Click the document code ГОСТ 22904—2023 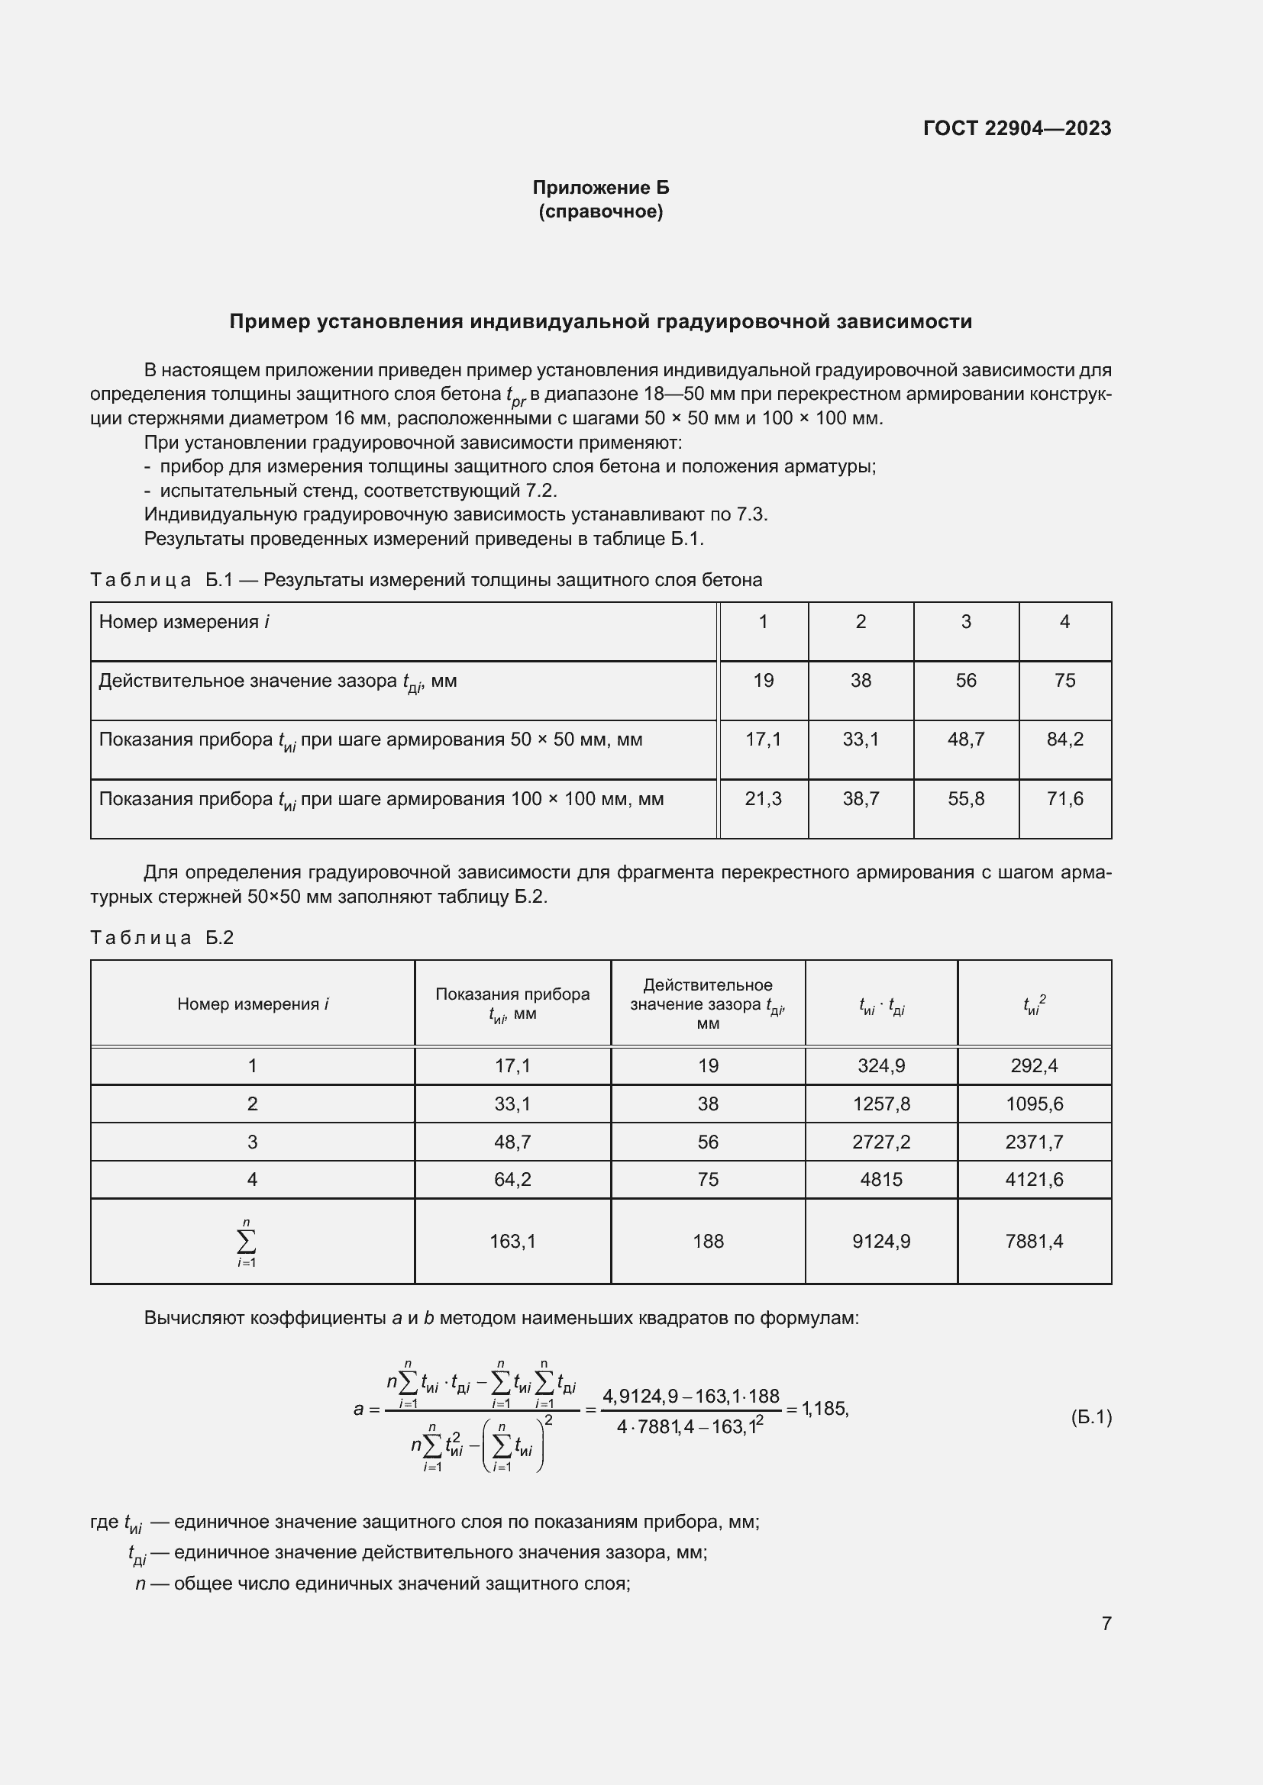1016,128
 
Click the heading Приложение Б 600,188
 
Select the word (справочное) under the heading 600,211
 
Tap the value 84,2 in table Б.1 1064,739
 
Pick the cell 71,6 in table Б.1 1064,798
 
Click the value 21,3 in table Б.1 763,798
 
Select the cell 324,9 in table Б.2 880,1065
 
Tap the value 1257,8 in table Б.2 880,1104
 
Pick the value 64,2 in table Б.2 512,1179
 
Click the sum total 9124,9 880,1241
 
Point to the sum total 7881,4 1034,1241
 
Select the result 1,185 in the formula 825,1409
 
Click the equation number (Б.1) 1091,1417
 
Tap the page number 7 1106,1622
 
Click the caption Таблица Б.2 162,938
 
